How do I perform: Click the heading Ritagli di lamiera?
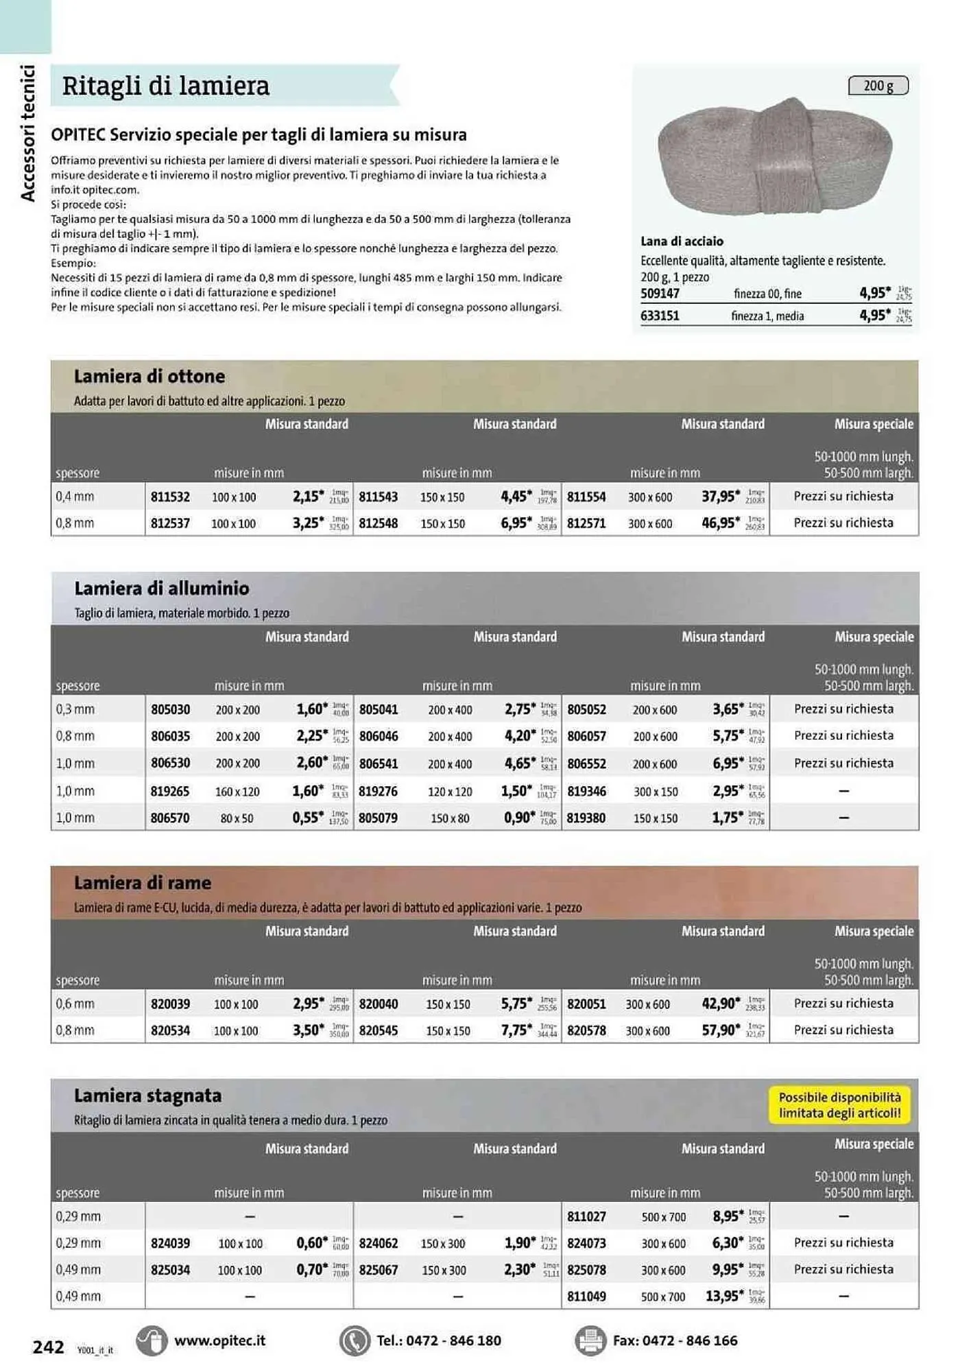pos(165,86)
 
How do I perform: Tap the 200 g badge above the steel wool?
pos(878,86)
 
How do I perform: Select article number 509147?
pos(660,294)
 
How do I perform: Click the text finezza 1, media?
pos(767,316)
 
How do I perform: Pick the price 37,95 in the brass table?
pos(719,497)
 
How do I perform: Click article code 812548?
pos(378,523)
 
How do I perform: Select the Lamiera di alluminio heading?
pos(161,589)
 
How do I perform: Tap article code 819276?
pos(378,792)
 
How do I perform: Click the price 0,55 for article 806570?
pos(307,818)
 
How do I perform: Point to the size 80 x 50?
pos(237,818)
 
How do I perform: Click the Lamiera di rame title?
pos(142,883)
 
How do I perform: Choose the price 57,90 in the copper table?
pos(719,1030)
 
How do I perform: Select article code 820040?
pos(378,1004)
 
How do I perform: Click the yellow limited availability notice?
pos(839,1105)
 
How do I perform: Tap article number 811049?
pos(586,1297)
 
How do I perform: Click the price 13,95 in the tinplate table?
pos(723,1297)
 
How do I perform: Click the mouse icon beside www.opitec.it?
pos(152,1340)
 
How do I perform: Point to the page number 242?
pos(48,1347)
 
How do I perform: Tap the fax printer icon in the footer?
pos(590,1340)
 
